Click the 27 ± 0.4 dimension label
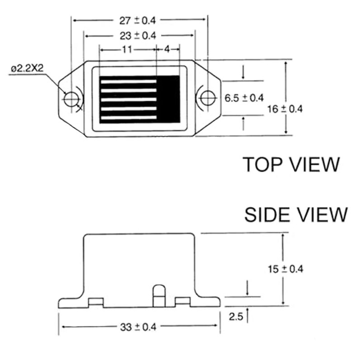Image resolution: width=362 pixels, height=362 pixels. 138,20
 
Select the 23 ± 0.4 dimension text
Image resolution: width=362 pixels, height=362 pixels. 138,36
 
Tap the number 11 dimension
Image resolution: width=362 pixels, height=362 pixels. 127,49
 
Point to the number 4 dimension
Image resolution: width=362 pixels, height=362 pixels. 167,49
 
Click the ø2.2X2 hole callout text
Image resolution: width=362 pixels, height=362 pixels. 27,68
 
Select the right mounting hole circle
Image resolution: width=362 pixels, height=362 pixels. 208,98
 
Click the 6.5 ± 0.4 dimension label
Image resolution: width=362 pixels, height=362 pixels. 244,98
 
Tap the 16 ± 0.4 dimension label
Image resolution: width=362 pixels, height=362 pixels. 285,109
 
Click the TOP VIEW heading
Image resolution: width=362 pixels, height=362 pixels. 291,164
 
